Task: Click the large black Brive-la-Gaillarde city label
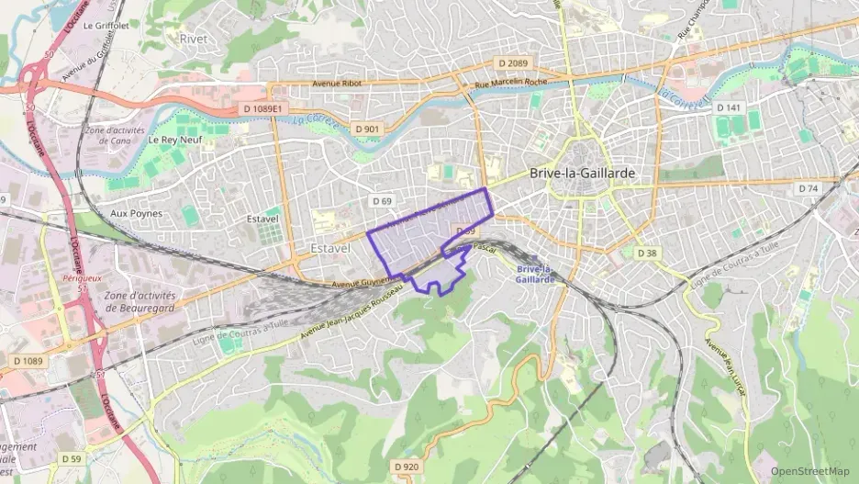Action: click(582, 173)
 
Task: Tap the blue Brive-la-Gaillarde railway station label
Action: click(534, 274)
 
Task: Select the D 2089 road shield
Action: click(513, 62)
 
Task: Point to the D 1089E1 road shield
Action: click(265, 108)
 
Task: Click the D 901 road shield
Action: click(366, 129)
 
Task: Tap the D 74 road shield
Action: click(808, 188)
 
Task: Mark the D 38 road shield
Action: click(647, 253)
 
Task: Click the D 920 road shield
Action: click(407, 467)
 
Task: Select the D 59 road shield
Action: click(72, 457)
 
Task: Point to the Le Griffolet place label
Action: click(103, 26)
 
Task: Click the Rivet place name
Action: click(194, 39)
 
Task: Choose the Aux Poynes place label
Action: click(136, 213)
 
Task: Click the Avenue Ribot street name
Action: click(339, 84)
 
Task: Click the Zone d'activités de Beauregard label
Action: click(143, 301)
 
